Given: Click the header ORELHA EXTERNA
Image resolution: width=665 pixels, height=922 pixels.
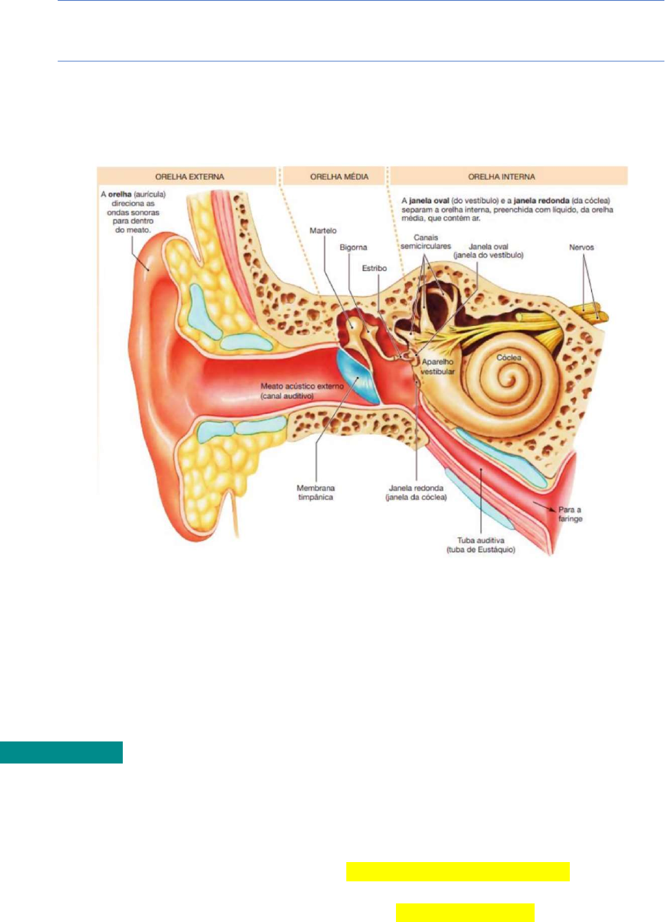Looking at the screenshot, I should (189, 176).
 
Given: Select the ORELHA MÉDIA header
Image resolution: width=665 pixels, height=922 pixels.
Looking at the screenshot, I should (339, 176).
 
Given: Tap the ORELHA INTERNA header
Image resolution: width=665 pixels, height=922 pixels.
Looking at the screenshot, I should (502, 176).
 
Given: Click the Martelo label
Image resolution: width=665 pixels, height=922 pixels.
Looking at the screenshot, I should (323, 230).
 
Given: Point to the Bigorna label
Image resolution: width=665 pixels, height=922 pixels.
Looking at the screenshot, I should (353, 247).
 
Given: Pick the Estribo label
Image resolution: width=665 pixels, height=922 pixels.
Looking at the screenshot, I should (375, 268).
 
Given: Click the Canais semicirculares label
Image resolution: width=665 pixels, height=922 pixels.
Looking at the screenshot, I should (426, 242).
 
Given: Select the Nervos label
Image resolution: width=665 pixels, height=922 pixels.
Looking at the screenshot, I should (582, 247).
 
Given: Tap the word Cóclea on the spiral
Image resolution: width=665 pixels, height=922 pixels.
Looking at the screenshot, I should (508, 358).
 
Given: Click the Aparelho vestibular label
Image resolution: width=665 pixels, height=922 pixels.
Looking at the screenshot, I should (438, 367).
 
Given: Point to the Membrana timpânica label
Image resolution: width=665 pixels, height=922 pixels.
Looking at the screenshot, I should (315, 492).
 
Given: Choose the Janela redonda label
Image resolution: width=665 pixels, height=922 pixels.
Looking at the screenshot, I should (416, 492).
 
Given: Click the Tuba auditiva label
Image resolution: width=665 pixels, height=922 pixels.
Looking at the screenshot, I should (481, 545).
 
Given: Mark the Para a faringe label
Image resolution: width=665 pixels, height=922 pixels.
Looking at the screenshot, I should (570, 514).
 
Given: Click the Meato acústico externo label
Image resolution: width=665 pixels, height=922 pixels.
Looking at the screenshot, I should (301, 391).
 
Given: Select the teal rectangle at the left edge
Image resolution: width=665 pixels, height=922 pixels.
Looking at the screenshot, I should (61, 752).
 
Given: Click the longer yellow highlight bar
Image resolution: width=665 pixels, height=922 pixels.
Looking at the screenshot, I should (457, 872).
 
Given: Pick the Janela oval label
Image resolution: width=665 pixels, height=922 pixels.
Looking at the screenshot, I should (488, 251).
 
